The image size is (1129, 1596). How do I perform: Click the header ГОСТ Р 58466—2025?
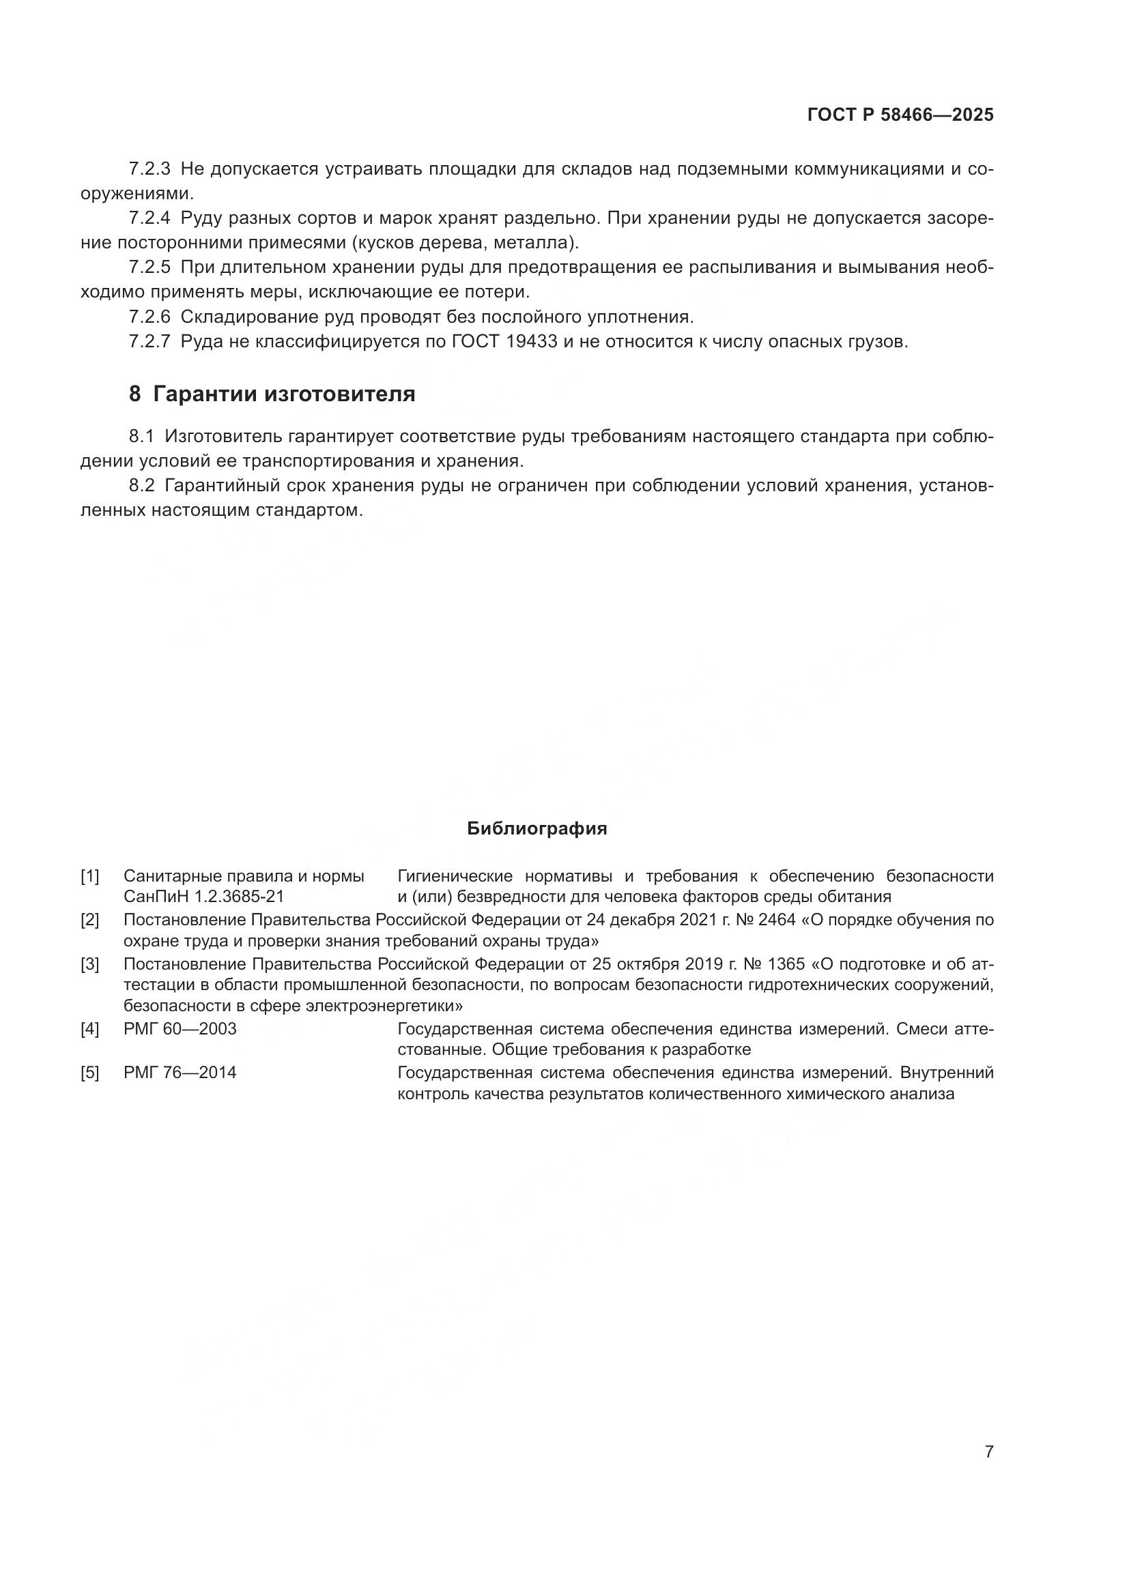(x=900, y=115)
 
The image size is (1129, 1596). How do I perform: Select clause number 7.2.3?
(x=149, y=169)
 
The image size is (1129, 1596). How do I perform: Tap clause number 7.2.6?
(x=149, y=317)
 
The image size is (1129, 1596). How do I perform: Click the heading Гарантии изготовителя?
(x=284, y=394)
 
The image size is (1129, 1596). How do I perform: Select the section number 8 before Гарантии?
(x=135, y=394)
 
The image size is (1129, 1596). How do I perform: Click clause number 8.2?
(x=141, y=486)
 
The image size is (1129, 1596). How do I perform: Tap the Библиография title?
(x=537, y=828)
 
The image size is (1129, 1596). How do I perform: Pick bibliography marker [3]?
(x=89, y=964)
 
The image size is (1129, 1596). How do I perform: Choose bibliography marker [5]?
(x=89, y=1073)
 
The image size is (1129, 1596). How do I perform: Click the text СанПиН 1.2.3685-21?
(x=203, y=897)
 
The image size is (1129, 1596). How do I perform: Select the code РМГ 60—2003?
(x=180, y=1029)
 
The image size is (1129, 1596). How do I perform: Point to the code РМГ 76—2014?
(x=180, y=1073)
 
